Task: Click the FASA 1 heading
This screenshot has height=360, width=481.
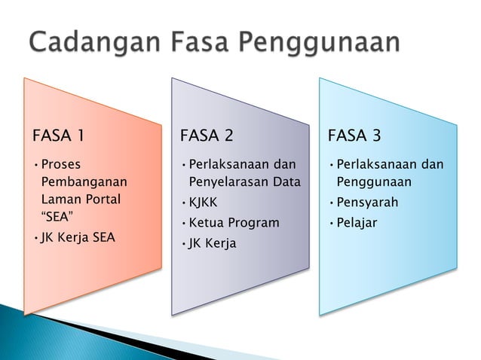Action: click(58, 136)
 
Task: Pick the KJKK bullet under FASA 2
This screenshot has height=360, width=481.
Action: click(203, 203)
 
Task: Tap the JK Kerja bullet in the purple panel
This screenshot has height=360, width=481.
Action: click(212, 243)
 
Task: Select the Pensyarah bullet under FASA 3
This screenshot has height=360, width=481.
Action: click(367, 203)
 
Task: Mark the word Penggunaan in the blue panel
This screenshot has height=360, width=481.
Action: click(373, 182)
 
